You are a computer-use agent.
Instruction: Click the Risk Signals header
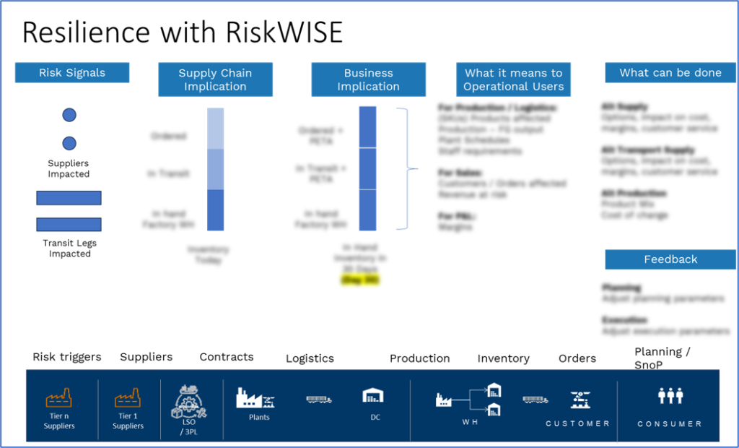point(72,73)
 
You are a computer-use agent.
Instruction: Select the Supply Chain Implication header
point(215,79)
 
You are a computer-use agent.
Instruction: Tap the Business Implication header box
point(368,79)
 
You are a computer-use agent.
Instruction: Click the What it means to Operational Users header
point(513,79)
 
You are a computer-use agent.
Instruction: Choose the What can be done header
point(670,73)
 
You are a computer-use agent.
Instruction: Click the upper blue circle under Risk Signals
point(69,115)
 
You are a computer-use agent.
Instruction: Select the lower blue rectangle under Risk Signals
point(69,225)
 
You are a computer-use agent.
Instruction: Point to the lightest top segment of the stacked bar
point(216,128)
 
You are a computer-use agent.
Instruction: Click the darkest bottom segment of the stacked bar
point(216,211)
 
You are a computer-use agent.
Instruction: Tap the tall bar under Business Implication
point(367,168)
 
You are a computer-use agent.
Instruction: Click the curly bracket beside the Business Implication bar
point(407,169)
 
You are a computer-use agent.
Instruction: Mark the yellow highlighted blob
point(360,280)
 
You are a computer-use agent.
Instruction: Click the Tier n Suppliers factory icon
point(58,398)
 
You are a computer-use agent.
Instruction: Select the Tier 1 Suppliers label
point(128,421)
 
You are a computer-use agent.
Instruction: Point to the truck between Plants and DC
point(318,399)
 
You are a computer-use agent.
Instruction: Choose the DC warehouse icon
point(372,395)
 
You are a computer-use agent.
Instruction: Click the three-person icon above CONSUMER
point(670,395)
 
